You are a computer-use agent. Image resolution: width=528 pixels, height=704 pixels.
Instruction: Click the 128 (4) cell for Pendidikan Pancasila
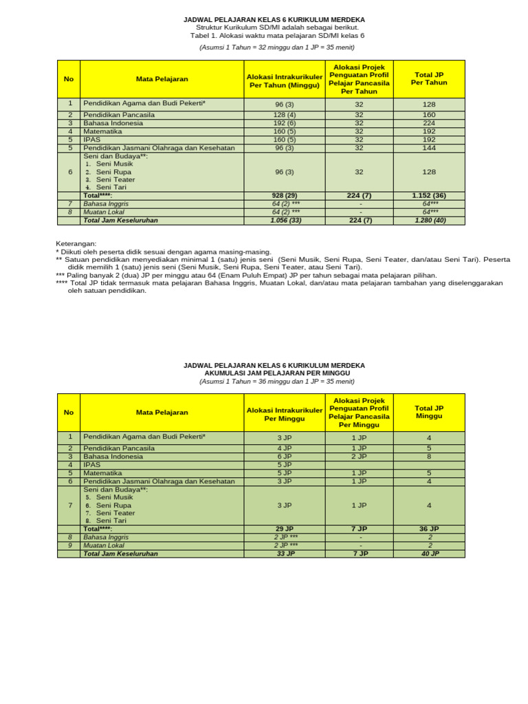click(x=284, y=115)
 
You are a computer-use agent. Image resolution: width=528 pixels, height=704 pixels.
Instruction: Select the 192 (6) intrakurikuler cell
click(x=284, y=123)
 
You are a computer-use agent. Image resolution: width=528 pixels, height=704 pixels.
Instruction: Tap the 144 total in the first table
click(x=429, y=148)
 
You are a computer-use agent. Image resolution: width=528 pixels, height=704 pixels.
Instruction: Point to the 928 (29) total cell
click(x=284, y=196)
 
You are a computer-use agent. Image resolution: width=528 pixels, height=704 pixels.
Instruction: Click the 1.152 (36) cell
click(x=429, y=196)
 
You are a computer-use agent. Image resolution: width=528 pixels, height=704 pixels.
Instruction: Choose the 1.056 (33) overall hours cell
click(x=284, y=221)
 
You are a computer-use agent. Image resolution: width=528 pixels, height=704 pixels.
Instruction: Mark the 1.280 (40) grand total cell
click(x=429, y=221)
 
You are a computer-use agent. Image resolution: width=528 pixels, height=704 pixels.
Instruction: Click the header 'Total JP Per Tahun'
click(x=429, y=78)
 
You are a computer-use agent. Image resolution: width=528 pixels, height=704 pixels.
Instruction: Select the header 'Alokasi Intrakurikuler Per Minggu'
click(x=284, y=413)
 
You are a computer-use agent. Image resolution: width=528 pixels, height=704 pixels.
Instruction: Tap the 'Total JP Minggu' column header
click(x=429, y=412)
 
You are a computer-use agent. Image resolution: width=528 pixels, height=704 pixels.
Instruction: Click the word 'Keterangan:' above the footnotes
click(x=76, y=244)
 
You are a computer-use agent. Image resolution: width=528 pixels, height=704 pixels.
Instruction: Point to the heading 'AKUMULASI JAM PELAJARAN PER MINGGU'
click(x=274, y=373)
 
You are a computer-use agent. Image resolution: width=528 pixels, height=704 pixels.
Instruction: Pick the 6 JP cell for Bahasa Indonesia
click(x=284, y=456)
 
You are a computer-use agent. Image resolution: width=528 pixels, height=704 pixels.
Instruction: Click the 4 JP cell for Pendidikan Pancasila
click(x=284, y=448)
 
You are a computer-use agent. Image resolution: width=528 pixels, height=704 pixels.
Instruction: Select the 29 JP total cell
click(x=284, y=529)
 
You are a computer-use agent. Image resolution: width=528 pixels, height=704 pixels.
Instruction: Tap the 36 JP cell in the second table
click(x=429, y=529)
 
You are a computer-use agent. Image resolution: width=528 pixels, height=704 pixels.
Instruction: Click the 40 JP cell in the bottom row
click(x=429, y=553)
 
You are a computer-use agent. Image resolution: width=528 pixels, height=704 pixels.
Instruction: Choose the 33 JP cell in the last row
click(x=284, y=553)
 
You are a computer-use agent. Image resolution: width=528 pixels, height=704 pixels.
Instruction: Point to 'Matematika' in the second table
click(x=102, y=473)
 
